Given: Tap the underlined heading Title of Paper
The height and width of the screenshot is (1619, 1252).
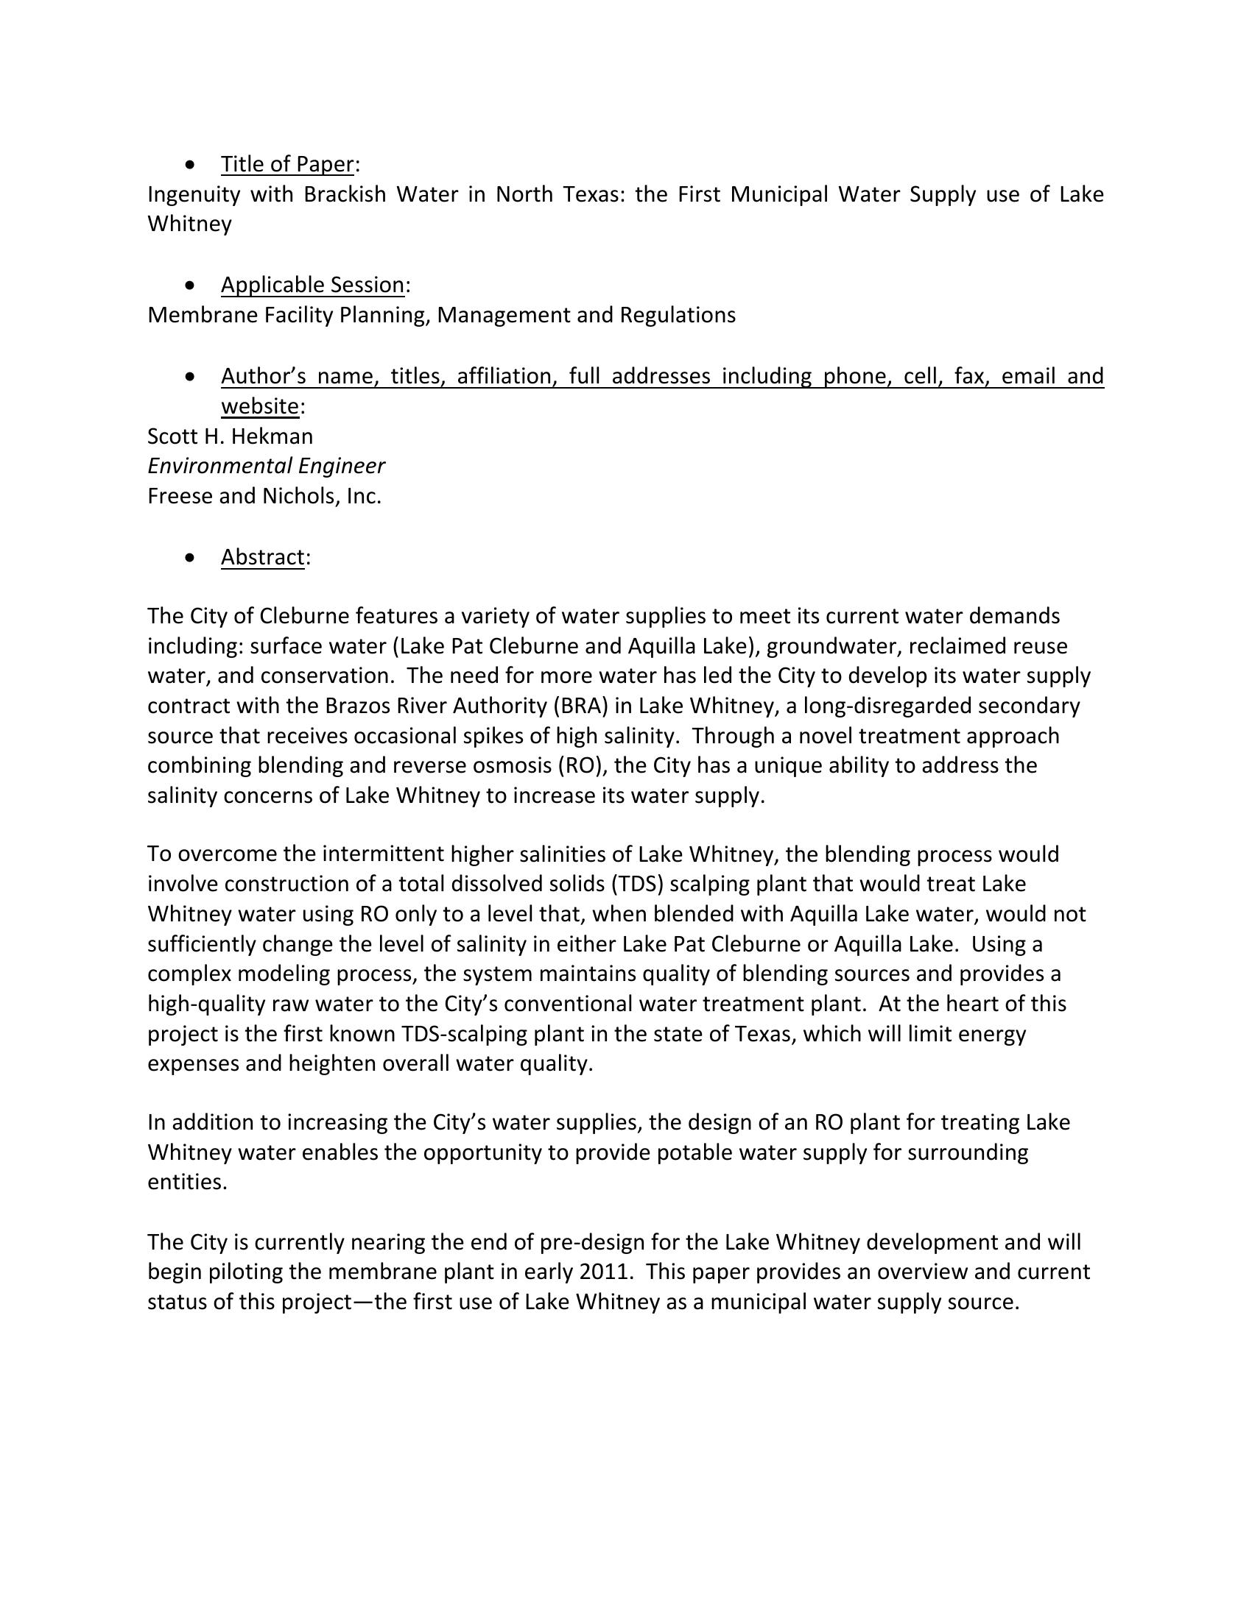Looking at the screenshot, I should click(x=287, y=164).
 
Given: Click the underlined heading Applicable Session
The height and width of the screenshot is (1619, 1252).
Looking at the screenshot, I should click(x=312, y=285).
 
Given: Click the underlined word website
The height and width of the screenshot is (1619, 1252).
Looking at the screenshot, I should click(x=259, y=406).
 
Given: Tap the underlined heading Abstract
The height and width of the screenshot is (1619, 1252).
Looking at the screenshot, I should click(x=263, y=557).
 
